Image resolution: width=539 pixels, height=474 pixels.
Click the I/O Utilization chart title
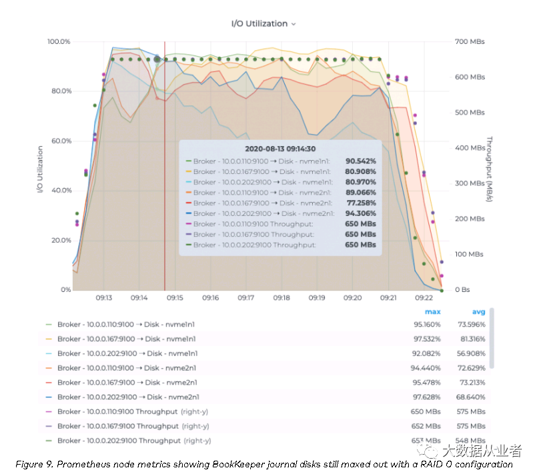point(259,23)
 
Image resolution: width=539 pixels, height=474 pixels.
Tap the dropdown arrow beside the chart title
point(294,24)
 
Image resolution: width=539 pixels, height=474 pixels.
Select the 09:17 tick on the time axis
point(246,298)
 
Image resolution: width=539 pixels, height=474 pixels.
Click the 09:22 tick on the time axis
point(424,298)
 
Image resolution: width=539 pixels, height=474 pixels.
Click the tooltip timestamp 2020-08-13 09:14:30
point(280,149)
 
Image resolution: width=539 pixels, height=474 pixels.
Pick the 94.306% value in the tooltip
point(360,213)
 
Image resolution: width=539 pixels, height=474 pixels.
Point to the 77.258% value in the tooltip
point(360,203)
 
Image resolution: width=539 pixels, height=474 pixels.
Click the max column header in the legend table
point(432,311)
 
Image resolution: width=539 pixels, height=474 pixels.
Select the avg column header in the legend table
point(478,311)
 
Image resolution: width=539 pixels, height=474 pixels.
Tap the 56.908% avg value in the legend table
point(472,353)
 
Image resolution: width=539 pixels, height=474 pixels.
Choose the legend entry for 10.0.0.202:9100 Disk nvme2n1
point(127,397)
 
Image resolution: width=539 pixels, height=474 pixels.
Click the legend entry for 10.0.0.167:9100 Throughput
point(117,426)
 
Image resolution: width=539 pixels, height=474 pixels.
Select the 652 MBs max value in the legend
point(426,426)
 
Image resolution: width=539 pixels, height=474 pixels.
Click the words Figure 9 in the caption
point(33,465)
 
